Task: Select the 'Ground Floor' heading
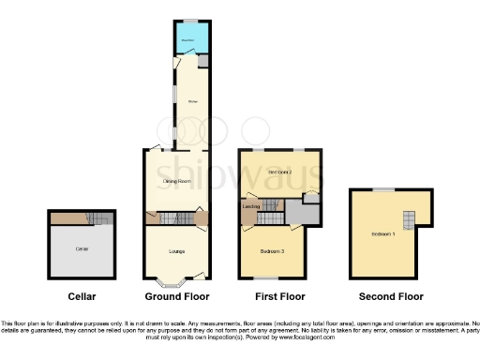click(x=174, y=297)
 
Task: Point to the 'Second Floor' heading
click(x=385, y=297)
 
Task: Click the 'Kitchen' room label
click(x=191, y=100)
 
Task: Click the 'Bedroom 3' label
click(x=273, y=252)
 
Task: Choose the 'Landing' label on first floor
click(x=251, y=206)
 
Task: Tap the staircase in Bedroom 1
click(x=408, y=219)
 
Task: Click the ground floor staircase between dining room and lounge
click(x=175, y=218)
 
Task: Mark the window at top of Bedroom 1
click(x=383, y=189)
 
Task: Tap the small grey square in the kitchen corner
click(x=202, y=61)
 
